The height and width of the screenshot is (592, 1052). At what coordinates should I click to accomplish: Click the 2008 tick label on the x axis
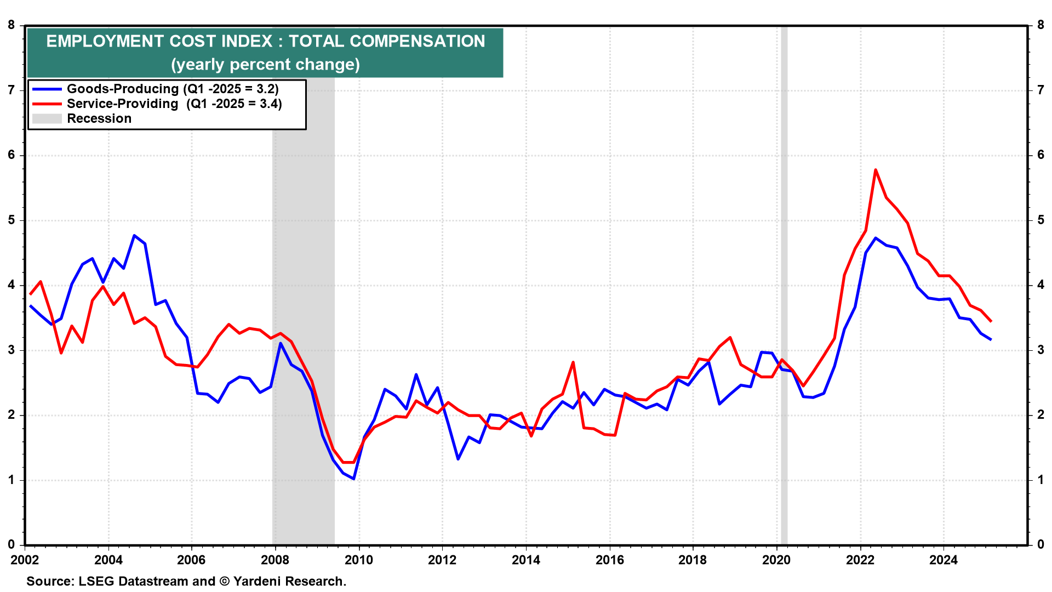tap(275, 560)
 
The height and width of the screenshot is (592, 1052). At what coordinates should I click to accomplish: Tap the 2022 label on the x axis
tap(860, 560)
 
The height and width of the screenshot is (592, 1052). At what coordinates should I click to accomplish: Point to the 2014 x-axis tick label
tap(525, 560)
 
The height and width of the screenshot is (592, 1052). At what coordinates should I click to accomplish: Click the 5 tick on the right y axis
tap(1040, 220)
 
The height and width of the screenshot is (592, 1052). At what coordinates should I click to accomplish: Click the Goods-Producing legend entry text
tap(173, 89)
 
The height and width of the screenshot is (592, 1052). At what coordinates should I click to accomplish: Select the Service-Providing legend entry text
tap(174, 104)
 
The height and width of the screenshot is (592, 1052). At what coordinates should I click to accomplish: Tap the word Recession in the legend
tap(99, 118)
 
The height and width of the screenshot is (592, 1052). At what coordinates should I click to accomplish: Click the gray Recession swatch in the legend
tap(47, 118)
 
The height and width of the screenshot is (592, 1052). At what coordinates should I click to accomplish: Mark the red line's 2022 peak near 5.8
tap(876, 170)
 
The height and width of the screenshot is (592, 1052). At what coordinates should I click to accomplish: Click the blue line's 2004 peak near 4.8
tap(134, 236)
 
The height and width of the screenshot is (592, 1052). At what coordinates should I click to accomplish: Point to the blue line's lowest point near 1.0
tap(354, 479)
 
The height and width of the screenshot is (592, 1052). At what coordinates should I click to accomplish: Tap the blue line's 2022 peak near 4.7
tap(876, 238)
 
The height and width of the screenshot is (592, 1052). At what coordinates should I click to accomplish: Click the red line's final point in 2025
tap(991, 321)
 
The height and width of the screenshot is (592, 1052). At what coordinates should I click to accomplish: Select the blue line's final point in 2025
tap(991, 339)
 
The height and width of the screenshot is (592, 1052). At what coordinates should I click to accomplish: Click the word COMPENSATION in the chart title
tap(417, 41)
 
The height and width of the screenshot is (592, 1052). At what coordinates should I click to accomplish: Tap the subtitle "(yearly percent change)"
tap(265, 65)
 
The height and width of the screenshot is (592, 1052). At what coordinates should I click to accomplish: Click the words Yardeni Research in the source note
tap(290, 581)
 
